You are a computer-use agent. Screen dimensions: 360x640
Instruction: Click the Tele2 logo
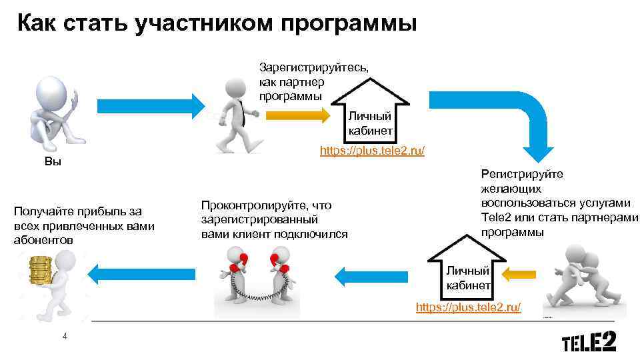point(589,343)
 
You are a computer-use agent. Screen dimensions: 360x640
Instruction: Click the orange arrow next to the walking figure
point(298,115)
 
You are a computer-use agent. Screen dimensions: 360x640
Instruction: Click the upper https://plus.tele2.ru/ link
point(372,151)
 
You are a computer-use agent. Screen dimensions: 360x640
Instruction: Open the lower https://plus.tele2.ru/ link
point(468,307)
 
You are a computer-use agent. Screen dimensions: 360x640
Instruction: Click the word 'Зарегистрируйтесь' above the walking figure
point(313,67)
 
